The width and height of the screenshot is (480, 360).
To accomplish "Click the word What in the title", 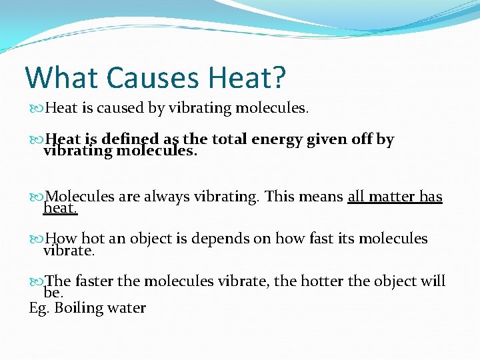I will pyautogui.click(x=61, y=77).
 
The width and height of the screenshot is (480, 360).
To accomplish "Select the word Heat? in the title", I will pyautogui.click(x=247, y=77).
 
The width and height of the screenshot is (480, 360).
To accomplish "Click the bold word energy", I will pyautogui.click(x=277, y=140).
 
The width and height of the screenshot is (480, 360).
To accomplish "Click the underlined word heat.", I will pyautogui.click(x=60, y=209).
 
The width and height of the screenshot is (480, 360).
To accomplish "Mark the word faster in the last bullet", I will pyautogui.click(x=94, y=281).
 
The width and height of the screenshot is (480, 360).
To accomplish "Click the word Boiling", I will pyautogui.click(x=79, y=308).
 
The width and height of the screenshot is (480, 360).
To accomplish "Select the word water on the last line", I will pyautogui.click(x=127, y=308).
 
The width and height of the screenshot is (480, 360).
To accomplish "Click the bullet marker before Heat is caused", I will pyautogui.click(x=37, y=108).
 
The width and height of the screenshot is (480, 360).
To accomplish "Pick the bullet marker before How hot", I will pyautogui.click(x=37, y=239).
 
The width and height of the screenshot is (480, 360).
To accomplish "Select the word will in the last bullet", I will pyautogui.click(x=433, y=281).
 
